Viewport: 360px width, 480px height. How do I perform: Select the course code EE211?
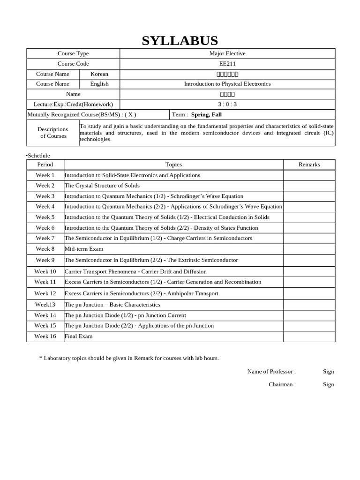[x=227, y=64]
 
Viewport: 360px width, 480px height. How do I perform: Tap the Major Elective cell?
[x=227, y=53]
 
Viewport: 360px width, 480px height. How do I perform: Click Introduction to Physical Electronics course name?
[x=227, y=84]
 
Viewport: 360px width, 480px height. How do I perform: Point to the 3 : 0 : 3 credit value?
[x=227, y=105]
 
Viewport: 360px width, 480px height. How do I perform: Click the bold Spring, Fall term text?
[x=206, y=114]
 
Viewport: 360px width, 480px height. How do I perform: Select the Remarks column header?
[x=309, y=165]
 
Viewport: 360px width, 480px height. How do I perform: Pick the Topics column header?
[x=173, y=165]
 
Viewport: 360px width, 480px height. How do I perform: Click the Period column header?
[x=45, y=165]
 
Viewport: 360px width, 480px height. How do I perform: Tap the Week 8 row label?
[x=45, y=249]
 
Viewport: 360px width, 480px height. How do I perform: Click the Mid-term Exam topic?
[x=84, y=249]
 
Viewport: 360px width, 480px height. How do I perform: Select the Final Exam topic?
[x=79, y=336]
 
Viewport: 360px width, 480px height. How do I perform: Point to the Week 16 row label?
[x=45, y=336]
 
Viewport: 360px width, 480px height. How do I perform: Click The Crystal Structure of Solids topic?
[x=102, y=186]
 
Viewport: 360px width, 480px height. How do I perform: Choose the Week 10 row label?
[x=45, y=271]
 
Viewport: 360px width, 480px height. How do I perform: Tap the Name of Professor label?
[x=271, y=371]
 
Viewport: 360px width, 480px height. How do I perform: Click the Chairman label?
[x=282, y=384]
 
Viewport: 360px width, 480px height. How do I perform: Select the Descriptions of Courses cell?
[x=53, y=133]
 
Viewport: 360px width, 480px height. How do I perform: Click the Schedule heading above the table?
[x=38, y=156]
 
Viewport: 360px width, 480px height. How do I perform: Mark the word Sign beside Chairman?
[x=328, y=384]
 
